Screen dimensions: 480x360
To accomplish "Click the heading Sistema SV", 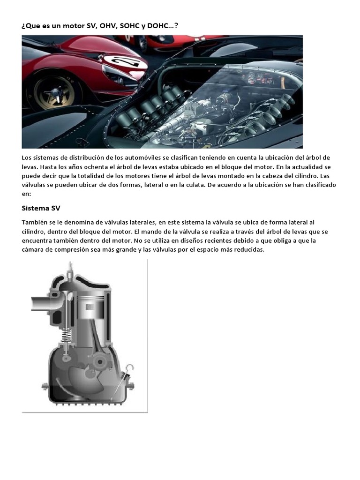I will pos(41,208).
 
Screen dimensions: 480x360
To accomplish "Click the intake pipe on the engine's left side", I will pos(44,303).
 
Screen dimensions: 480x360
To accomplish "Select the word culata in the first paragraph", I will pos(177,185).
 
